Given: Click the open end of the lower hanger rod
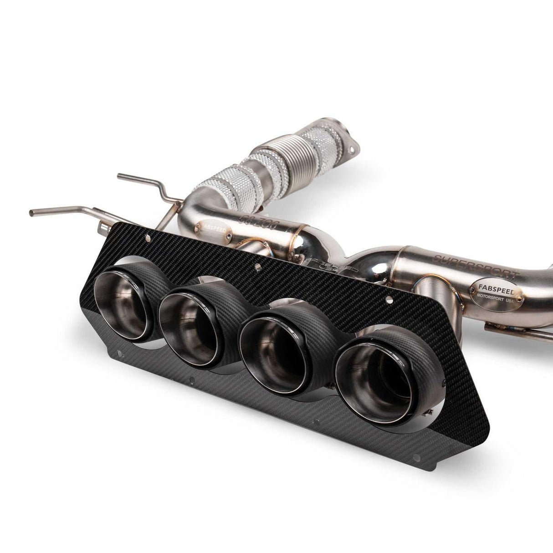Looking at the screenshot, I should (x=33, y=213).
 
